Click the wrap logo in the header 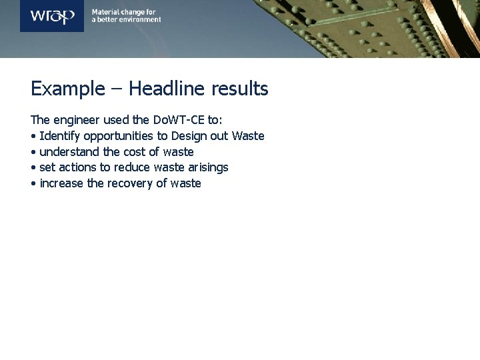tap(52, 16)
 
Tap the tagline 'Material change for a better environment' tap(126, 16)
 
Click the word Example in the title tap(68, 89)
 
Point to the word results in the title tap(239, 89)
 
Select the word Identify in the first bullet tap(60, 136)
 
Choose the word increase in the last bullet tap(61, 183)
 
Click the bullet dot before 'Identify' tap(33, 137)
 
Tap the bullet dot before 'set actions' tap(33, 168)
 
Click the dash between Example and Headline tap(117, 89)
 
